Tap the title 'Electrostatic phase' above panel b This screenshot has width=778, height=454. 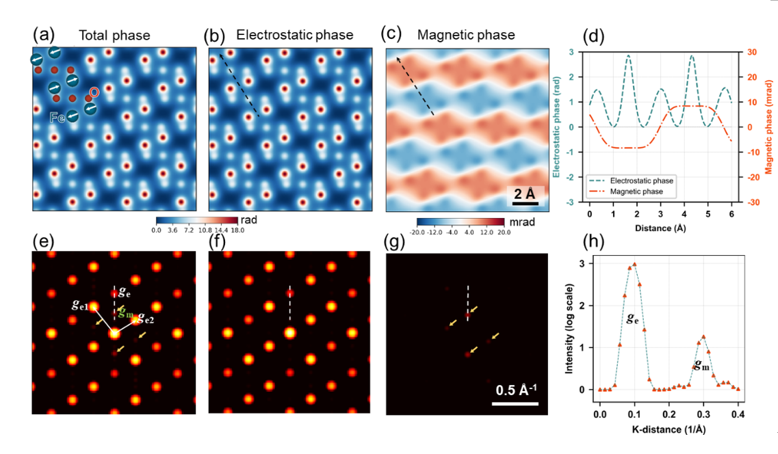point(295,34)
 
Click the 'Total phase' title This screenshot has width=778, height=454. point(114,36)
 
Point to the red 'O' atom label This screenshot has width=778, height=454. point(94,92)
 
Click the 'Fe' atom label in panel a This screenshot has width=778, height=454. point(57,118)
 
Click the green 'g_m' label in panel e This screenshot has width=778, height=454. point(125,312)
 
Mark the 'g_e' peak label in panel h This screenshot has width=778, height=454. point(632,318)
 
